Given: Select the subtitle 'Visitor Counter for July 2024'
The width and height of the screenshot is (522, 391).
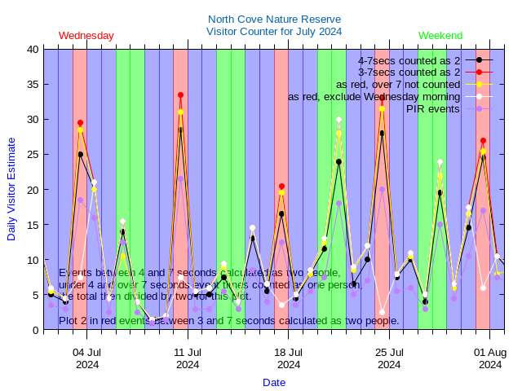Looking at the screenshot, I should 274,32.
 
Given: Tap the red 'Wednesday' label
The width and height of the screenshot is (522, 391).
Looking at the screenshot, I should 86,36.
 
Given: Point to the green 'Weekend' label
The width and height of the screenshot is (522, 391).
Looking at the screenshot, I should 440,36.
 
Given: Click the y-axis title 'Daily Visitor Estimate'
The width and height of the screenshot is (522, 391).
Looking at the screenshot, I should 11,190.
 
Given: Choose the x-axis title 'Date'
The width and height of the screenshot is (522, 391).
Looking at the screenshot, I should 274,382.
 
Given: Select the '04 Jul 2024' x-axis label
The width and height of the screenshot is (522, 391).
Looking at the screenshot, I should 87,358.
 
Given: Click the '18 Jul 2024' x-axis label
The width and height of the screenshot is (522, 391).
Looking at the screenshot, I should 289,358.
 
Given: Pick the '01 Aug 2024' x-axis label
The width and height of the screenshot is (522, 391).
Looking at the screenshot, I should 489,358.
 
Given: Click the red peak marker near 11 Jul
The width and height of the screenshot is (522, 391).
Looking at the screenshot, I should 180,95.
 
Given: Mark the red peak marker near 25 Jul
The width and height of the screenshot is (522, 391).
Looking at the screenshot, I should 382,98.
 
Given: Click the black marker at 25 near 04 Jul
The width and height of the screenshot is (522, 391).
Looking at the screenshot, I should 80,154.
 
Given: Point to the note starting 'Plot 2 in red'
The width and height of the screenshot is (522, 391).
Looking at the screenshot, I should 228,321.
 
